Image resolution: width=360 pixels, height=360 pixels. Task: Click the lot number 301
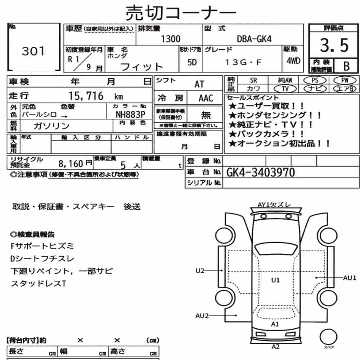click(x=33, y=51)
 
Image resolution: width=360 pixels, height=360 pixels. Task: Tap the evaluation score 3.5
click(x=334, y=45)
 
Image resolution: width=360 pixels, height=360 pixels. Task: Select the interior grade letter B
click(x=346, y=66)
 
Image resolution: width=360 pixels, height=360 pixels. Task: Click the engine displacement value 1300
click(x=171, y=39)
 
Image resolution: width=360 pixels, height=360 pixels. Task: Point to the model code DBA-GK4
click(x=254, y=39)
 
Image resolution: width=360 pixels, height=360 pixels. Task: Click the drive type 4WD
click(x=293, y=61)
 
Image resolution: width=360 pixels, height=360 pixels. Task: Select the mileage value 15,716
click(x=86, y=96)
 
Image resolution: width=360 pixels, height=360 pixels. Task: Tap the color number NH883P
click(x=130, y=114)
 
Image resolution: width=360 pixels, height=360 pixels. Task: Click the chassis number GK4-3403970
click(x=261, y=172)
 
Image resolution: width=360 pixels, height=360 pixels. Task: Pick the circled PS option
click(x=315, y=80)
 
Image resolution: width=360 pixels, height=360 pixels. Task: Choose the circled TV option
click(x=285, y=89)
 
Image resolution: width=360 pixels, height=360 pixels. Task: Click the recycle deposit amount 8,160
click(x=71, y=164)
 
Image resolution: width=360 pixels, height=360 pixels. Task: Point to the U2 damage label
click(x=200, y=271)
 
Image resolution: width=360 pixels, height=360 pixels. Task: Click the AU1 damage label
click(x=350, y=278)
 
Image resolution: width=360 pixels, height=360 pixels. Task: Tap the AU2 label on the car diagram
click(x=202, y=316)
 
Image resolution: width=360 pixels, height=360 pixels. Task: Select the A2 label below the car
click(x=275, y=347)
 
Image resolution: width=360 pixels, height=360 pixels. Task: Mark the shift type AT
click(x=199, y=84)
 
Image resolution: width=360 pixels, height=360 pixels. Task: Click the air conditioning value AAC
click(x=206, y=98)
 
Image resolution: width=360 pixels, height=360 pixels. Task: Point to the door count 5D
click(x=192, y=62)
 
